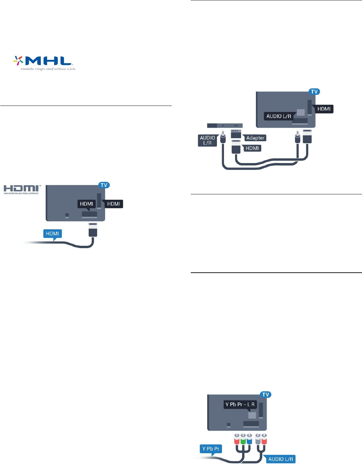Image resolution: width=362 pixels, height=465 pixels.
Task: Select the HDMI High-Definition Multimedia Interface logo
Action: pyautogui.click(x=22, y=189)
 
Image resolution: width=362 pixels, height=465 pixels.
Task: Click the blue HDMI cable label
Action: pyautogui.click(x=52, y=234)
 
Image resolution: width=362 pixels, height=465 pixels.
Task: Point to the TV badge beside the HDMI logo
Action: pyautogui.click(x=104, y=185)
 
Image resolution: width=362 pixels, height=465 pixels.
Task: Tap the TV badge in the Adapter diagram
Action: pyautogui.click(x=314, y=92)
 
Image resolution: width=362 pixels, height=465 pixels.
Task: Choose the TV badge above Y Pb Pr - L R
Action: pyautogui.click(x=266, y=395)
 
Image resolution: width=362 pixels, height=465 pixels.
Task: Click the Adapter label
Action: pyautogui.click(x=255, y=138)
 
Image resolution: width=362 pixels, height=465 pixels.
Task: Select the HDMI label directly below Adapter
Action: pyautogui.click(x=252, y=148)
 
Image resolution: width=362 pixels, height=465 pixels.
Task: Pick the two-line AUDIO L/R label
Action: pyautogui.click(x=207, y=140)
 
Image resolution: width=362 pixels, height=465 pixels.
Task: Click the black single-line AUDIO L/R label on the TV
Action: pyautogui.click(x=279, y=116)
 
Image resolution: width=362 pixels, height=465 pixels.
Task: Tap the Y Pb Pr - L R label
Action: pyautogui.click(x=240, y=404)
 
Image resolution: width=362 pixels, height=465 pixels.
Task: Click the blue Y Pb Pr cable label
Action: pyautogui.click(x=211, y=449)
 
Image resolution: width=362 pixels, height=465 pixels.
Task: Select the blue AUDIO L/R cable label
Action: pyautogui.click(x=280, y=459)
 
